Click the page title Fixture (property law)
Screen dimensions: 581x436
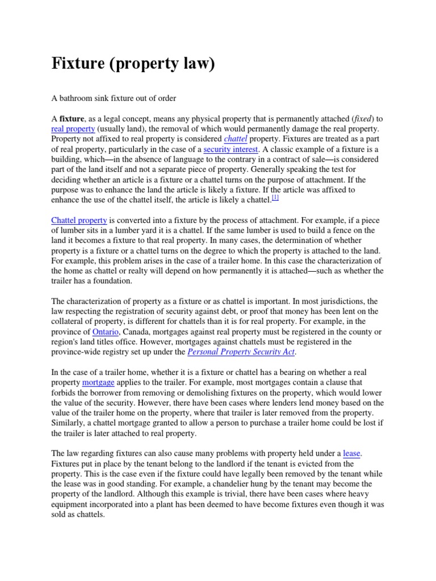coord(133,64)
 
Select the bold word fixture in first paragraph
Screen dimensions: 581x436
coord(72,119)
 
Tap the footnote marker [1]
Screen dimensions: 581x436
coord(275,198)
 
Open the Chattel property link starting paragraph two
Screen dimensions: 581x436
coord(79,220)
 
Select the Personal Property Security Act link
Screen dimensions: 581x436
coord(241,352)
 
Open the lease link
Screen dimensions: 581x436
coord(352,453)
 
